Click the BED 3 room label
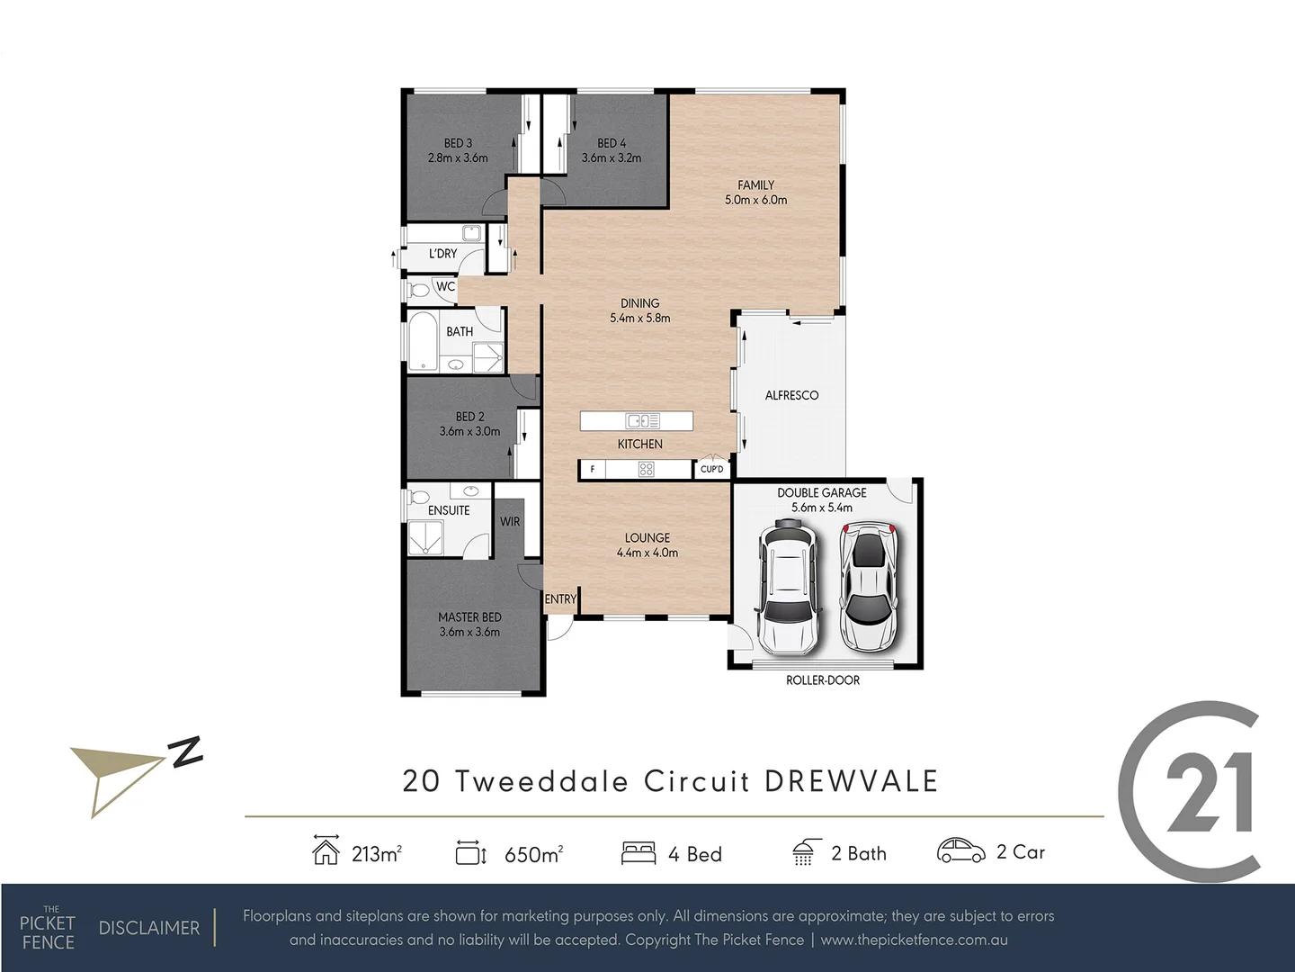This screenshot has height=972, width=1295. pyautogui.click(x=458, y=144)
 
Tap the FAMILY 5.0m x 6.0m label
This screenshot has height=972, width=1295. pyautogui.click(x=755, y=193)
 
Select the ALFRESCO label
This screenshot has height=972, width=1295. pyautogui.click(x=791, y=395)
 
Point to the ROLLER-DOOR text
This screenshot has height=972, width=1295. pyautogui.click(x=822, y=680)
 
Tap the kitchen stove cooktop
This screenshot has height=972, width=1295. pyautogui.click(x=646, y=469)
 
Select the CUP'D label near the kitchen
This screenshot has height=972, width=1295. pyautogui.click(x=711, y=469)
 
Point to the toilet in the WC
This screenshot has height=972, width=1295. pyautogui.click(x=418, y=290)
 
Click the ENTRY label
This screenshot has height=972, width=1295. pyautogui.click(x=560, y=599)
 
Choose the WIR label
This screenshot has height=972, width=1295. pyautogui.click(x=510, y=522)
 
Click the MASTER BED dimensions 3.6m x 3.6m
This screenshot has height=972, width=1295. pyautogui.click(x=469, y=632)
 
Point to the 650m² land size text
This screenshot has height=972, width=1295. pyautogui.click(x=533, y=854)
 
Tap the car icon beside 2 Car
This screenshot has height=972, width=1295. pyautogui.click(x=960, y=851)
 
